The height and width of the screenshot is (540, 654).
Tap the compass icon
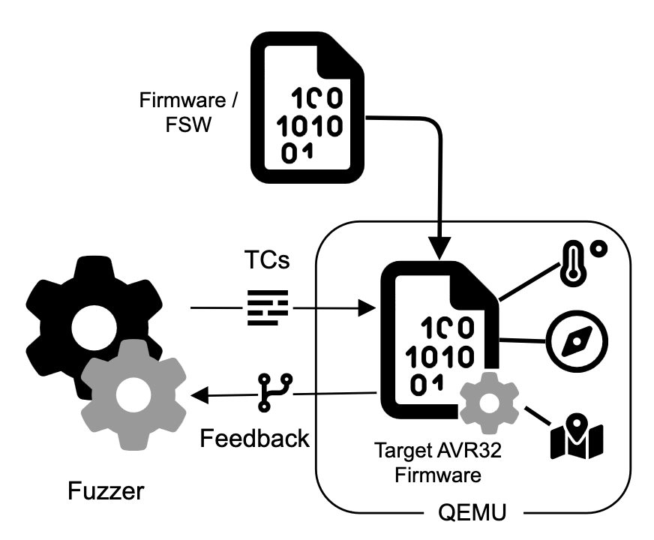click(576, 341)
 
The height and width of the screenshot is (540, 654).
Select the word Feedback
click(255, 437)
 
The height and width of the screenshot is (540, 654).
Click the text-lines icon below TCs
click(268, 307)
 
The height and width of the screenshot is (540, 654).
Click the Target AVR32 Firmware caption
click(427, 463)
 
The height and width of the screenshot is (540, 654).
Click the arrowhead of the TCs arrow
click(367, 307)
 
